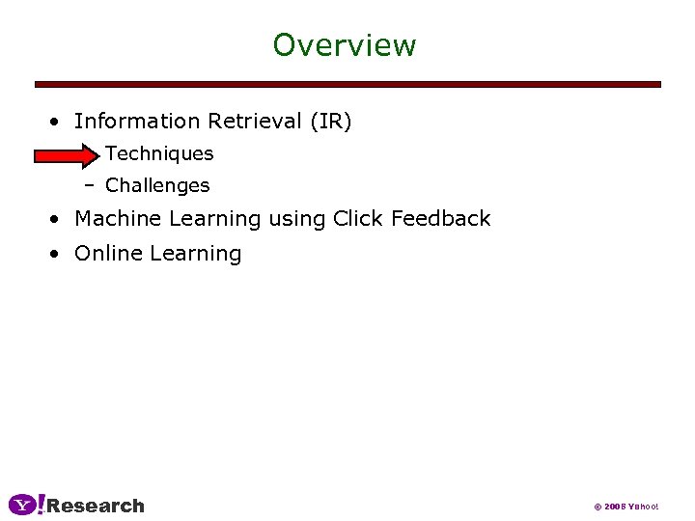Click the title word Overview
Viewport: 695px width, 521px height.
click(x=344, y=45)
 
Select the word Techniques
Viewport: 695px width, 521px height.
click(x=159, y=153)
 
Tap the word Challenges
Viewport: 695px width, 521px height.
click(x=157, y=185)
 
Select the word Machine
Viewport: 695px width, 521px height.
click(x=118, y=219)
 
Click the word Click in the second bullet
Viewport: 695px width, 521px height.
click(x=358, y=219)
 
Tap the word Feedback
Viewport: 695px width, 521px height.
click(x=440, y=219)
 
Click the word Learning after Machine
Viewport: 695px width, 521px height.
click(x=214, y=220)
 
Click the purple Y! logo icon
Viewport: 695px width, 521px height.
click(x=26, y=505)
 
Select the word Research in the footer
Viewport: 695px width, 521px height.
click(x=96, y=506)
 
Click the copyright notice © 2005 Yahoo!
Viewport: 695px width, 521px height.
click(x=625, y=507)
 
